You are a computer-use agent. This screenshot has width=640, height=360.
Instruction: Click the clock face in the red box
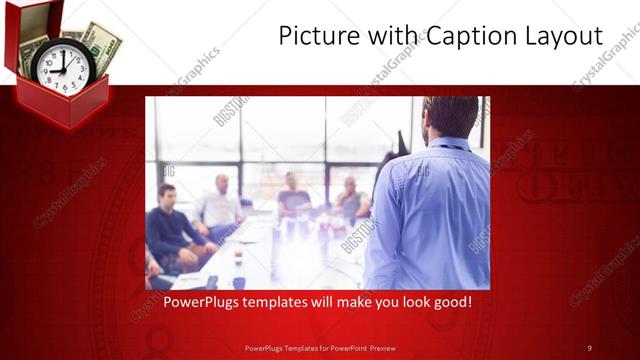point(62,68)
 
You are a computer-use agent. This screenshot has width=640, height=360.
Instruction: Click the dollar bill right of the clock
point(101,44)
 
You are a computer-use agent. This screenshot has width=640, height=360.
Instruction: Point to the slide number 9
point(589,347)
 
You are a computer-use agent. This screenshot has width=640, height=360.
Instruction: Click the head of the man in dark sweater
point(167,193)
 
